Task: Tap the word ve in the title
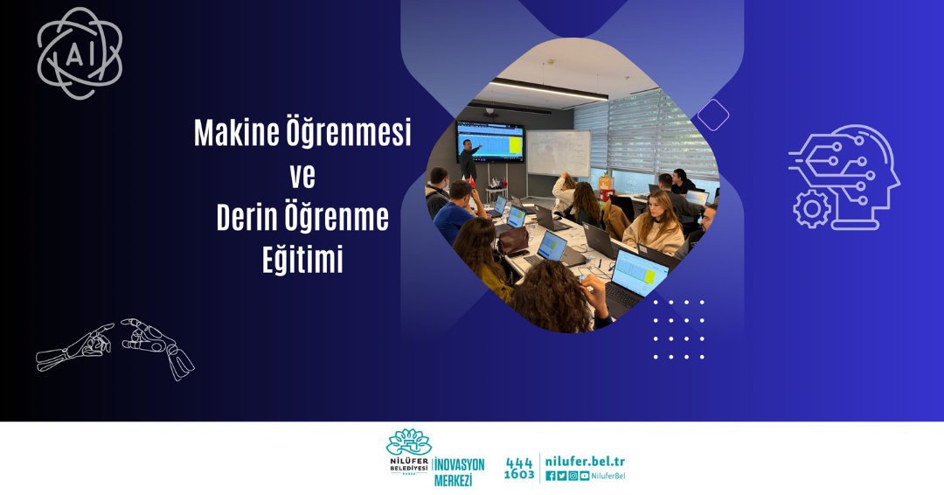click(x=302, y=176)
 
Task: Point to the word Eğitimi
click(x=302, y=260)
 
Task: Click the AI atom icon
click(x=80, y=53)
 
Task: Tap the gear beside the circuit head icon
click(x=811, y=209)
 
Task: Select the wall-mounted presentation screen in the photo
click(x=490, y=141)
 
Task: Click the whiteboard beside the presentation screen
click(x=558, y=154)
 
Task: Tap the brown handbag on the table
click(x=512, y=240)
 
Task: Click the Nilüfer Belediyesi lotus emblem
click(x=409, y=443)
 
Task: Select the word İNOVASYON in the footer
click(x=460, y=465)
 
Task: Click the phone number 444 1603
click(x=519, y=469)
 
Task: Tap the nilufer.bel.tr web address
click(x=585, y=461)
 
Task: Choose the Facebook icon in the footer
click(x=551, y=476)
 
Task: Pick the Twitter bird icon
click(x=562, y=476)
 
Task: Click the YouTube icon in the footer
click(x=584, y=476)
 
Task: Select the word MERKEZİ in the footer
click(x=454, y=480)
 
